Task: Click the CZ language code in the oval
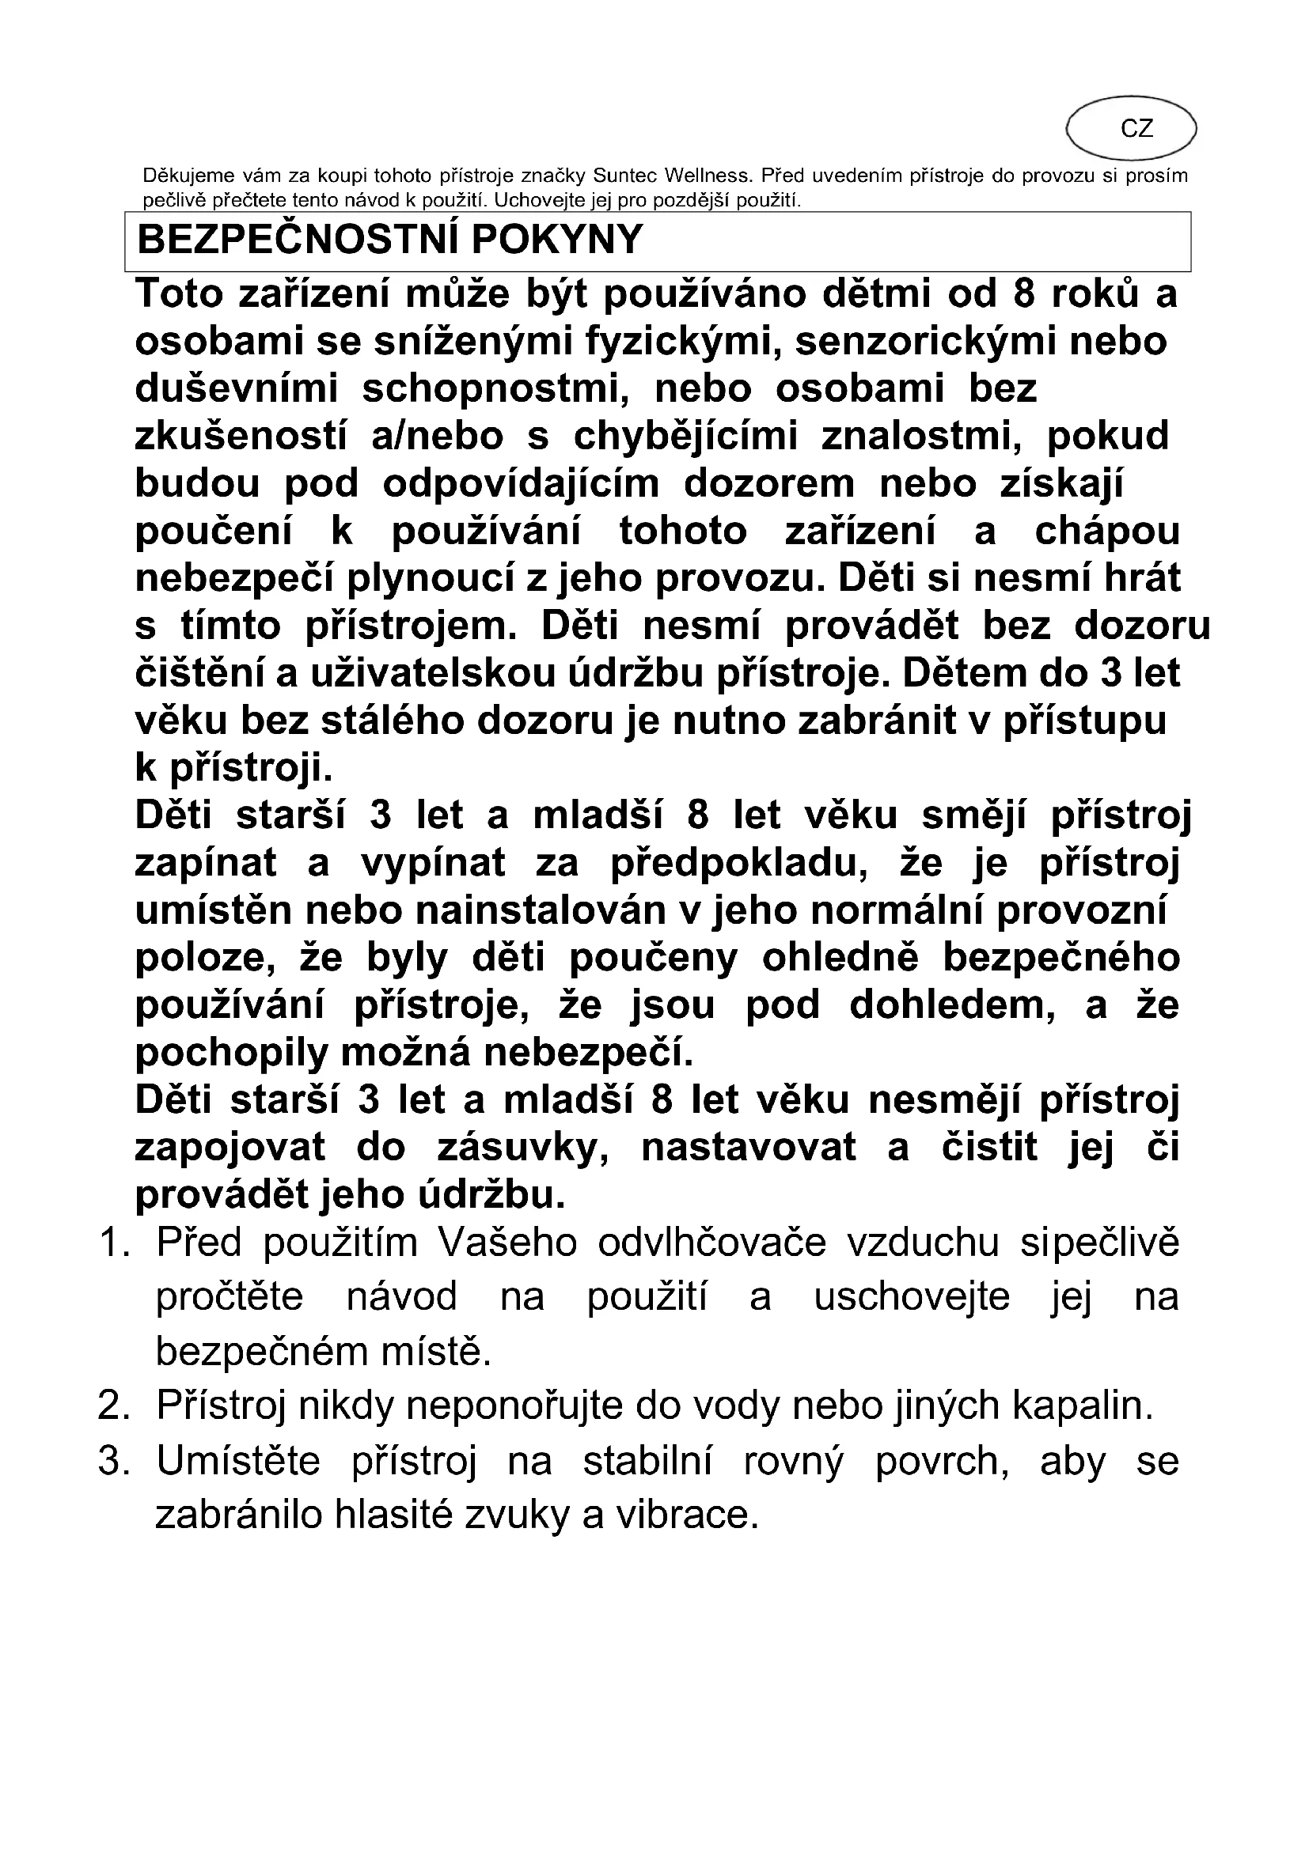click(x=1136, y=129)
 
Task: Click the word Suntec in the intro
click(x=623, y=176)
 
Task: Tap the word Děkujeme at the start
click(x=188, y=176)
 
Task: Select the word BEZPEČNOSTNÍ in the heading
click(x=298, y=240)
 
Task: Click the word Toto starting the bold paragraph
click(x=179, y=294)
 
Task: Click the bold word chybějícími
click(x=686, y=437)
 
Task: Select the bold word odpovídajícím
click(x=521, y=484)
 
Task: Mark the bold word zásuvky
click(x=522, y=1148)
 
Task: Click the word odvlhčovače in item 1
click(x=711, y=1243)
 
